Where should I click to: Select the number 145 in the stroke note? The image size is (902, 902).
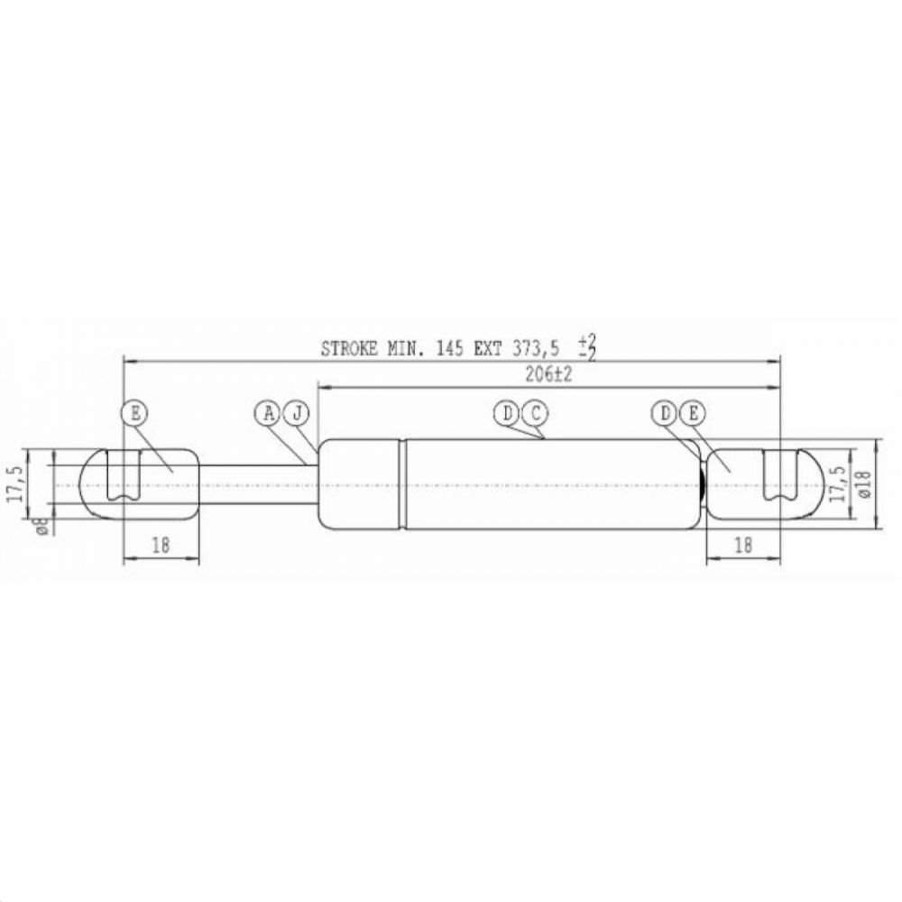pos(449,348)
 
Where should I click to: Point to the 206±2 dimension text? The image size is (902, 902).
pos(548,375)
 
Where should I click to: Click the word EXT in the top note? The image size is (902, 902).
pos(487,348)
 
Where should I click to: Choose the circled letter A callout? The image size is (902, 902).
pos(268,413)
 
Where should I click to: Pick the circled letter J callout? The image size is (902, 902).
pos(297,413)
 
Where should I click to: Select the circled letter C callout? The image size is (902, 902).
pos(535,413)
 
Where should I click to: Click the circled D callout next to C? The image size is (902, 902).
pos(506,413)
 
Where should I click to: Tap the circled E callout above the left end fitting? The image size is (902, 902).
pos(134,413)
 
